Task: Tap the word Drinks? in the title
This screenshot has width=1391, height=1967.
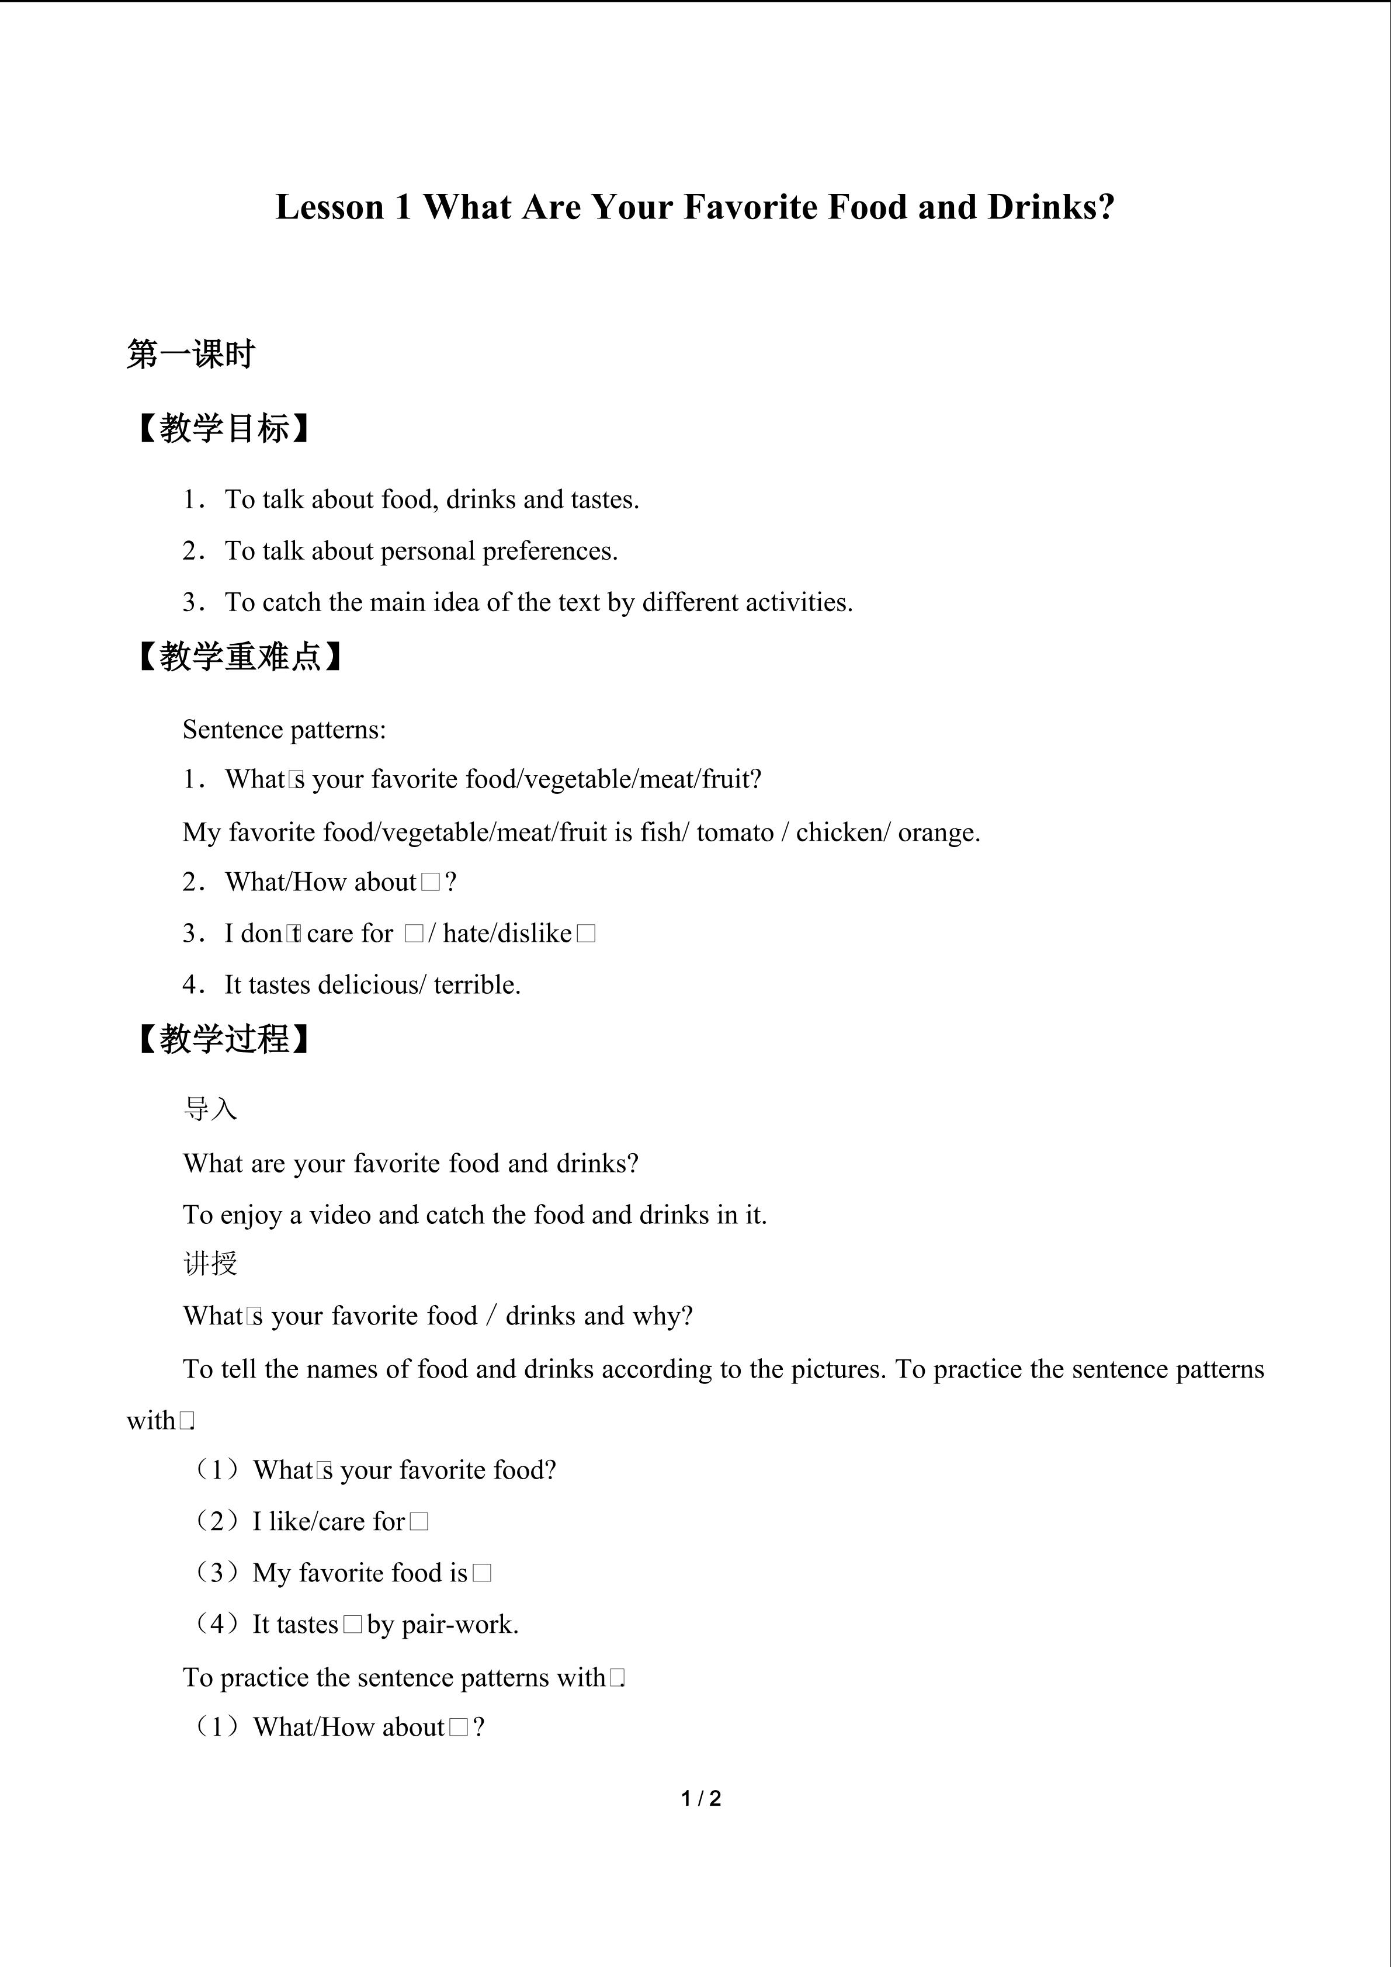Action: pos(1051,207)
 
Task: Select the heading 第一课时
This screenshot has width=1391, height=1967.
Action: pos(191,354)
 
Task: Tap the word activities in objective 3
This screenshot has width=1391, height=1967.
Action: pos(798,602)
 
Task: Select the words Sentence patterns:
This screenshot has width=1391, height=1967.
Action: pos(285,729)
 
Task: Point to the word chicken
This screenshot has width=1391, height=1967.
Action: pos(842,832)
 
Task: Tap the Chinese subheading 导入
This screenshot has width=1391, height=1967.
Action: pos(210,1109)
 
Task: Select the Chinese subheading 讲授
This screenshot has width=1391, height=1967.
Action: pos(210,1264)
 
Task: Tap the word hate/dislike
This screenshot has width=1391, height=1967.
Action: pos(507,933)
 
